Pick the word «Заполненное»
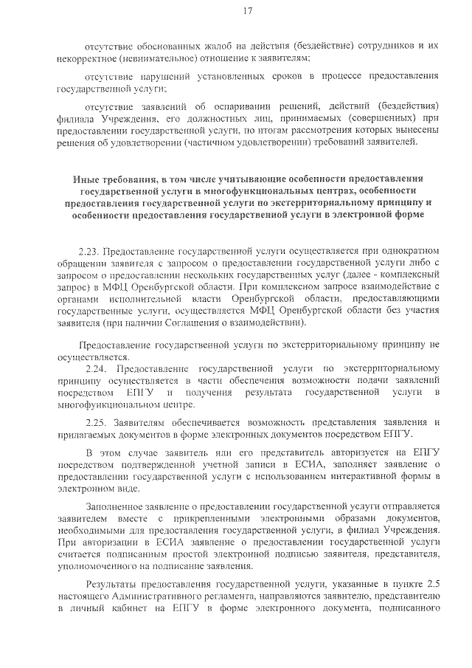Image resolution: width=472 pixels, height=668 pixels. tap(116, 506)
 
